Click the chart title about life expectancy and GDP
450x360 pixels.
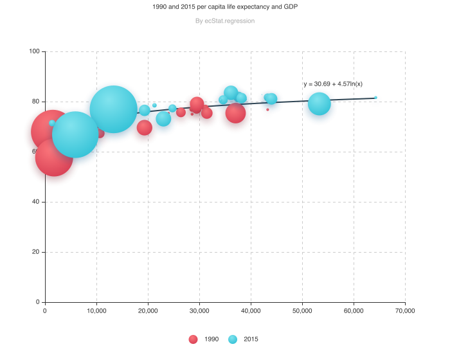pyautogui.click(x=225, y=6)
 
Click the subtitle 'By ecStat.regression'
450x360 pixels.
pyautogui.click(x=225, y=21)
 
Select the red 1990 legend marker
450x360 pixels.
pyautogui.click(x=193, y=339)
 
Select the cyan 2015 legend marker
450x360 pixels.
pyautogui.click(x=233, y=339)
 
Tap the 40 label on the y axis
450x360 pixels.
pyautogui.click(x=36, y=202)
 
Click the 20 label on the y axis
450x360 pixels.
pyautogui.click(x=36, y=252)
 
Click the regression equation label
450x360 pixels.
pyautogui.click(x=332, y=84)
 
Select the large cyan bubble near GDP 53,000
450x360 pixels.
pyautogui.click(x=319, y=104)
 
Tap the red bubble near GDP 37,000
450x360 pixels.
pyautogui.click(x=235, y=114)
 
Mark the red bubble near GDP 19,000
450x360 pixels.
pyautogui.click(x=145, y=128)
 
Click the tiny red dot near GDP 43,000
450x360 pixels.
pyautogui.click(x=267, y=110)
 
